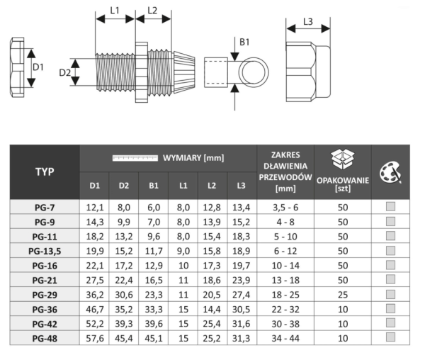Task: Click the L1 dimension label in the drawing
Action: (114, 11)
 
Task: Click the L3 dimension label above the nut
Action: (308, 22)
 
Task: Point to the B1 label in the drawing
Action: (244, 42)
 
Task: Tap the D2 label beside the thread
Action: (64, 72)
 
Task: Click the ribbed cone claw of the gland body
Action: (184, 72)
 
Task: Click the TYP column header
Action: (45, 171)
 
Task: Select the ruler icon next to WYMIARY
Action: (135, 158)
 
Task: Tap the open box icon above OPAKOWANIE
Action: (343, 160)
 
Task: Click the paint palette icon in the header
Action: (390, 172)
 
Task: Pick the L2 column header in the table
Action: (212, 186)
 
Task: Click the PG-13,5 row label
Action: (45, 252)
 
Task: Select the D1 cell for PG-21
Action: (95, 280)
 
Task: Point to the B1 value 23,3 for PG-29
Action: (154, 295)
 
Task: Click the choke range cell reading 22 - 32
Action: (285, 309)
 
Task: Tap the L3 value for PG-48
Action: (241, 338)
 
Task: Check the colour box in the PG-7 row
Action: (390, 206)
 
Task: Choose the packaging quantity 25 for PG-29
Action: (343, 295)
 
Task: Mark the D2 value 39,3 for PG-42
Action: (124, 324)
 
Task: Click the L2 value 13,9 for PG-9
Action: (212, 222)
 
